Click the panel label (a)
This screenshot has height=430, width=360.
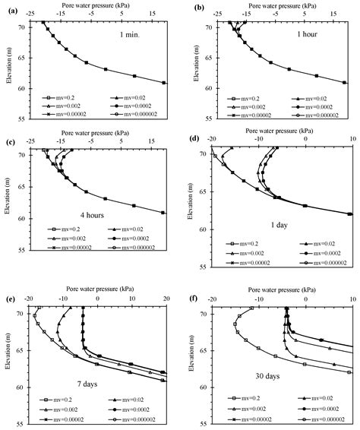(x=9, y=8)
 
